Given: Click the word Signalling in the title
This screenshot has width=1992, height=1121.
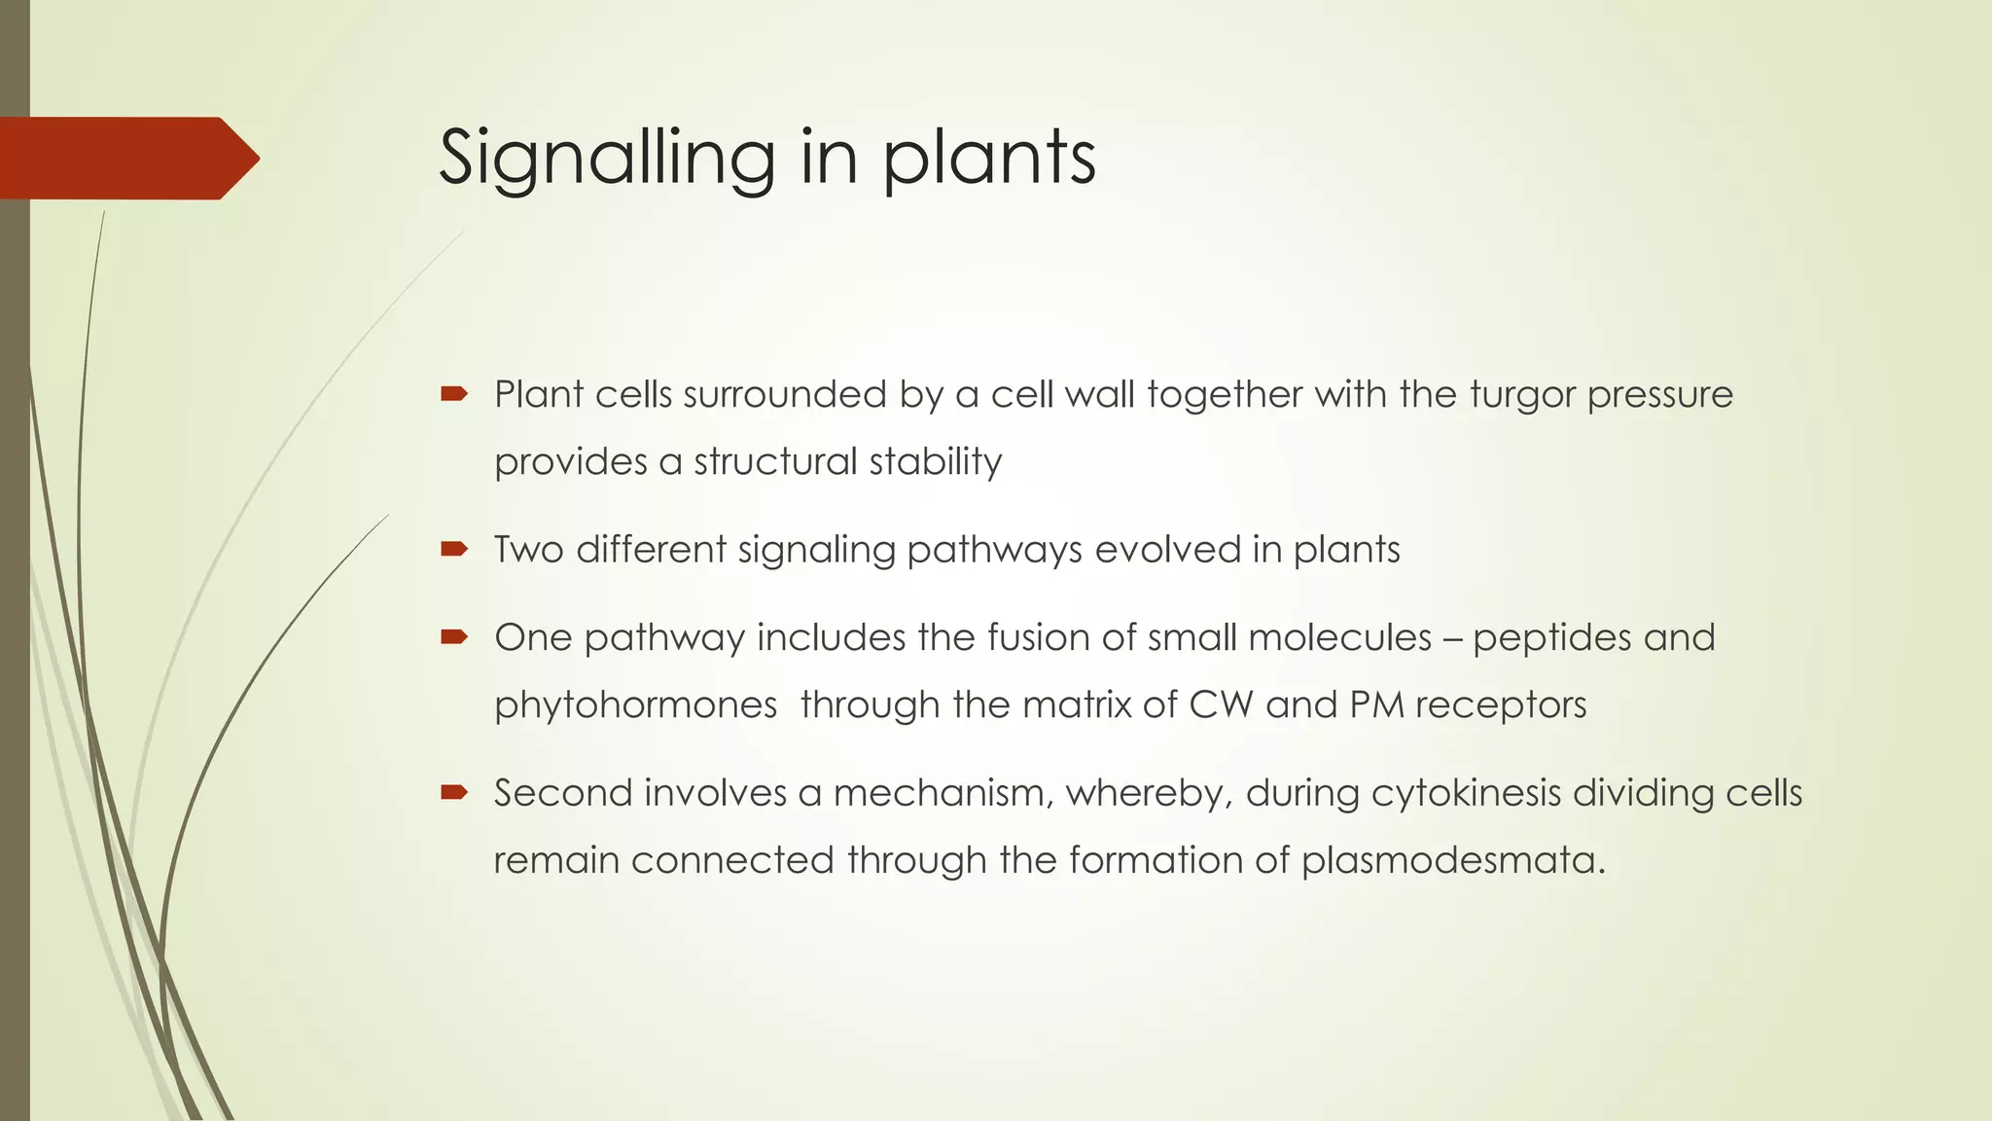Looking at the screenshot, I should click(607, 158).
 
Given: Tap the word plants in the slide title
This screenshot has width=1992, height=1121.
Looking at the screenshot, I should click(989, 158).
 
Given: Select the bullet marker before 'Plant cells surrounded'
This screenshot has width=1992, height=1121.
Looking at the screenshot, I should click(454, 394).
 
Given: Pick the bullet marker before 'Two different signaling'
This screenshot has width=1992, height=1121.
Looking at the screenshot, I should click(454, 550).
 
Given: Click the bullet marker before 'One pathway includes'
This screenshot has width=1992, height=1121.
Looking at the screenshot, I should click(454, 637).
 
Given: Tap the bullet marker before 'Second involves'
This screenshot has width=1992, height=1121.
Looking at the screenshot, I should click(454, 792).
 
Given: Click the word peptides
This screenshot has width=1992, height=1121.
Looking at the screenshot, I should click(1551, 638).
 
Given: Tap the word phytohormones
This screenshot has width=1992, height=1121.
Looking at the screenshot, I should click(635, 705).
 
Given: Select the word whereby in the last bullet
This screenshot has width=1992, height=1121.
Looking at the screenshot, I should click(1150, 793).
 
